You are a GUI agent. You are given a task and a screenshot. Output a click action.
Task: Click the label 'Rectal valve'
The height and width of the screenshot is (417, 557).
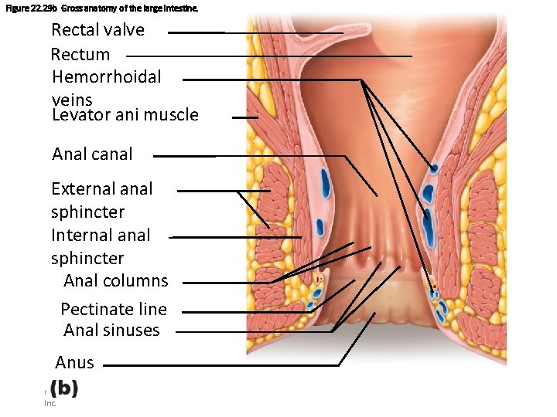[x=97, y=30]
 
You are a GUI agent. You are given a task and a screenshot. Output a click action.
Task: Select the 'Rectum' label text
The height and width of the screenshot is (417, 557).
[x=80, y=55]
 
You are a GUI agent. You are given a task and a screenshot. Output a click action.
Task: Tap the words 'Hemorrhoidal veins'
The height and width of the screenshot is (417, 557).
[x=106, y=87]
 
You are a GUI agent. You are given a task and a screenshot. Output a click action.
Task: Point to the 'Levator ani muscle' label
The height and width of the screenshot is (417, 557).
[x=125, y=115]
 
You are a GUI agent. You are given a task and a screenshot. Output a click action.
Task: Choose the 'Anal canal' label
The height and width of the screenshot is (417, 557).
[x=92, y=154]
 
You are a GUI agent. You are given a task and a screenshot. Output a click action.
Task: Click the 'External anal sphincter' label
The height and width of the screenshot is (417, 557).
[x=101, y=200]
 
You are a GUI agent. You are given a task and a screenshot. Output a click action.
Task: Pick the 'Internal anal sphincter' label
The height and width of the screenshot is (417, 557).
[x=101, y=246]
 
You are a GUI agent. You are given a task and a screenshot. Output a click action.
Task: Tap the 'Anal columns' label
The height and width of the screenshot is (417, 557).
[x=115, y=280]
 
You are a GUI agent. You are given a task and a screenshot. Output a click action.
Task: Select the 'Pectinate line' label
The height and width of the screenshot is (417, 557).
[x=114, y=309]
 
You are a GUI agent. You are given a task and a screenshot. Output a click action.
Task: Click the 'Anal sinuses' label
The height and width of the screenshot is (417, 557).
[x=111, y=330]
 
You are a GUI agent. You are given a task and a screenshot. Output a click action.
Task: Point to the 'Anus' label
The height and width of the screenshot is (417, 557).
[x=75, y=362]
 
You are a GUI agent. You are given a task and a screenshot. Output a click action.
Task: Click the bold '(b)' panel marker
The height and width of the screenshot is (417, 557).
[x=64, y=388]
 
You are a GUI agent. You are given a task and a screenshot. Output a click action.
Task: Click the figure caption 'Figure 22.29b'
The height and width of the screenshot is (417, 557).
[x=29, y=7]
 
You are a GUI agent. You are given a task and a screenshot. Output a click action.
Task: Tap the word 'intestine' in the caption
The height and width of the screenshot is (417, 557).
[x=189, y=7]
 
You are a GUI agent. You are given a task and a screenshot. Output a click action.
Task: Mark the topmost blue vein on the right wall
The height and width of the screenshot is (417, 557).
[x=434, y=168]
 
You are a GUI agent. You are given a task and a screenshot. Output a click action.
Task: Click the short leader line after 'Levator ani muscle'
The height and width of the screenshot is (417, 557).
[x=245, y=117]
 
